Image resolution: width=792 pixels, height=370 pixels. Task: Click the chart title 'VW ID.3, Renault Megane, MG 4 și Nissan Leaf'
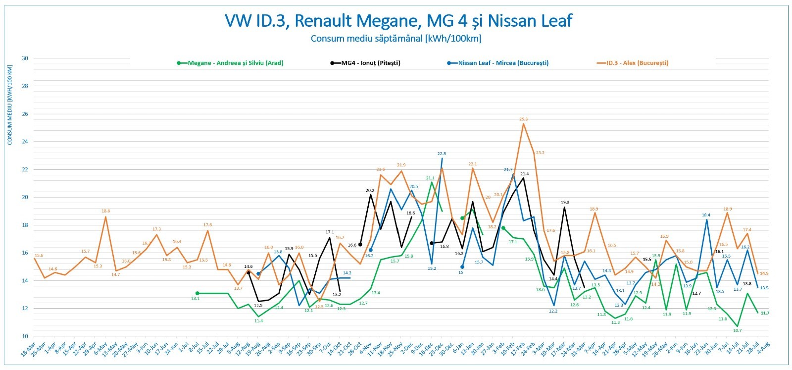pos(398,21)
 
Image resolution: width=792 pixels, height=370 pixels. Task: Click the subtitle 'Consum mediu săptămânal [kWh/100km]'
pos(396,38)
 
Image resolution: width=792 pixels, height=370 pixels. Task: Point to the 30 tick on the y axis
pos(25,58)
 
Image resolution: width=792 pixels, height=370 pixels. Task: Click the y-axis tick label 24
pos(25,142)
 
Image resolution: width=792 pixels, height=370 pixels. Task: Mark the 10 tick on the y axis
pos(25,336)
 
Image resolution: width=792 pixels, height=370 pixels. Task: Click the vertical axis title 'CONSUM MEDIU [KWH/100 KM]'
pos(10,105)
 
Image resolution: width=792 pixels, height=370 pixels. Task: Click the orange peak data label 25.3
pos(523,119)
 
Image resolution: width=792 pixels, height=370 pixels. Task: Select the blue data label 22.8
pos(442,154)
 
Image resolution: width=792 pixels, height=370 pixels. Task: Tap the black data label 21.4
pos(525,174)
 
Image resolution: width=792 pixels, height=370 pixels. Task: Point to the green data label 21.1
pos(430,178)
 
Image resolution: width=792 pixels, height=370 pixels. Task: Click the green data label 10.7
pos(738,330)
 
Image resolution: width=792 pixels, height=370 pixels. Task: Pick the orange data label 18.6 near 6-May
pos(105,211)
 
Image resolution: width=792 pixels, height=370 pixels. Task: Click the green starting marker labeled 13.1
pos(197,293)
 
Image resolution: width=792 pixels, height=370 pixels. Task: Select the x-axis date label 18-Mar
pos(28,350)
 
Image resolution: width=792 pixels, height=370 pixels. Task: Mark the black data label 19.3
pos(565,202)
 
